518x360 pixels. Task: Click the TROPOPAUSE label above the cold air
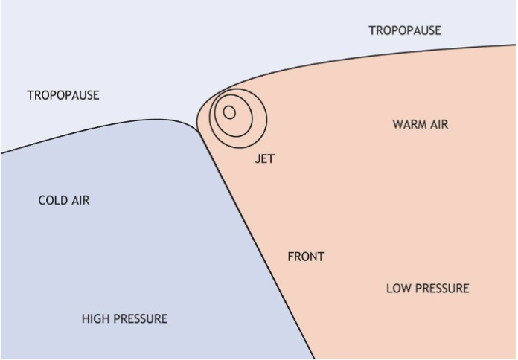pos(63,95)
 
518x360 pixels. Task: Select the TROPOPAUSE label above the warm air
pos(405,30)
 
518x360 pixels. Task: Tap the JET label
pos(264,159)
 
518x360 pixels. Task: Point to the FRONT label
pos(306,257)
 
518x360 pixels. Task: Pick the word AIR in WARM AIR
pos(438,124)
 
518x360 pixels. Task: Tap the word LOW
pos(398,289)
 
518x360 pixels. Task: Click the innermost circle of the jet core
pos(229,112)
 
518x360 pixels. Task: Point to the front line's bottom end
pos(314,358)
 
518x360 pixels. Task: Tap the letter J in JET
pos(258,159)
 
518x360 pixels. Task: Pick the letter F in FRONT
pos(291,257)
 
